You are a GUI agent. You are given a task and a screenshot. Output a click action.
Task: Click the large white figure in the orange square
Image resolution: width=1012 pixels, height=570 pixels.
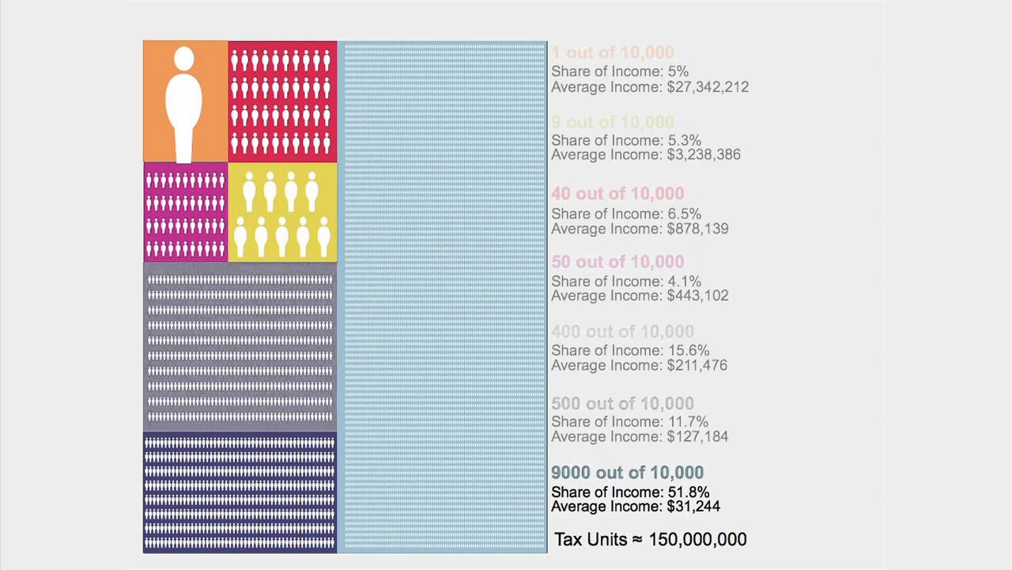point(184,107)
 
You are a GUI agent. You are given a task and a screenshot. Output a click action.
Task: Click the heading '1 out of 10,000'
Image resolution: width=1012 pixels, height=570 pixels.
point(613,53)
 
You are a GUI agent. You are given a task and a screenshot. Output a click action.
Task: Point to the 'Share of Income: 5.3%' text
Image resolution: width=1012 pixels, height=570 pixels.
point(626,140)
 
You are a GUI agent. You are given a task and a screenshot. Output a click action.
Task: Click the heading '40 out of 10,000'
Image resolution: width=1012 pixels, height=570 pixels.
point(617,194)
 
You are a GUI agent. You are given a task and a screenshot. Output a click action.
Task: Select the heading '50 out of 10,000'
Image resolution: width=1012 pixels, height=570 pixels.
point(617,262)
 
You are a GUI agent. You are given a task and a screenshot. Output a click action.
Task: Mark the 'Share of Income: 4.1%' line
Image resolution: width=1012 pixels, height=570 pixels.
point(626,281)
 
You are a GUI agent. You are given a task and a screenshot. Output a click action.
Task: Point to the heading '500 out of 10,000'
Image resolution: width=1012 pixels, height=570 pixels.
point(622,404)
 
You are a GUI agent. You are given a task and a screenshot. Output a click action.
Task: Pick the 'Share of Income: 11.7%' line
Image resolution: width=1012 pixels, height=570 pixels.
point(629,422)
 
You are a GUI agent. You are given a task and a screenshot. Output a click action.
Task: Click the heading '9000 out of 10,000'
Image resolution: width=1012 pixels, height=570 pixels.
point(627,473)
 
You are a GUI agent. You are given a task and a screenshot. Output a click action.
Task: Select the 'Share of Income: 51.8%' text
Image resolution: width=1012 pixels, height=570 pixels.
point(630,492)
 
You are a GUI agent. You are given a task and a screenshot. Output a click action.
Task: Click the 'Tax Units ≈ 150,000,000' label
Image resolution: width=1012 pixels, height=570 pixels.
point(651,539)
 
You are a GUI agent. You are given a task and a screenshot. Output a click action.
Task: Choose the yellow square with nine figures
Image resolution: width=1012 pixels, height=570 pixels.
point(282,212)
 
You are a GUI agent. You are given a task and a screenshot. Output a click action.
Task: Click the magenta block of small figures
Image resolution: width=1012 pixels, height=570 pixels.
point(185,212)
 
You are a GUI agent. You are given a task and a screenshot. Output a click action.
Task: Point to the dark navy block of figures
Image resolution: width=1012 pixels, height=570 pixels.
point(240,492)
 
